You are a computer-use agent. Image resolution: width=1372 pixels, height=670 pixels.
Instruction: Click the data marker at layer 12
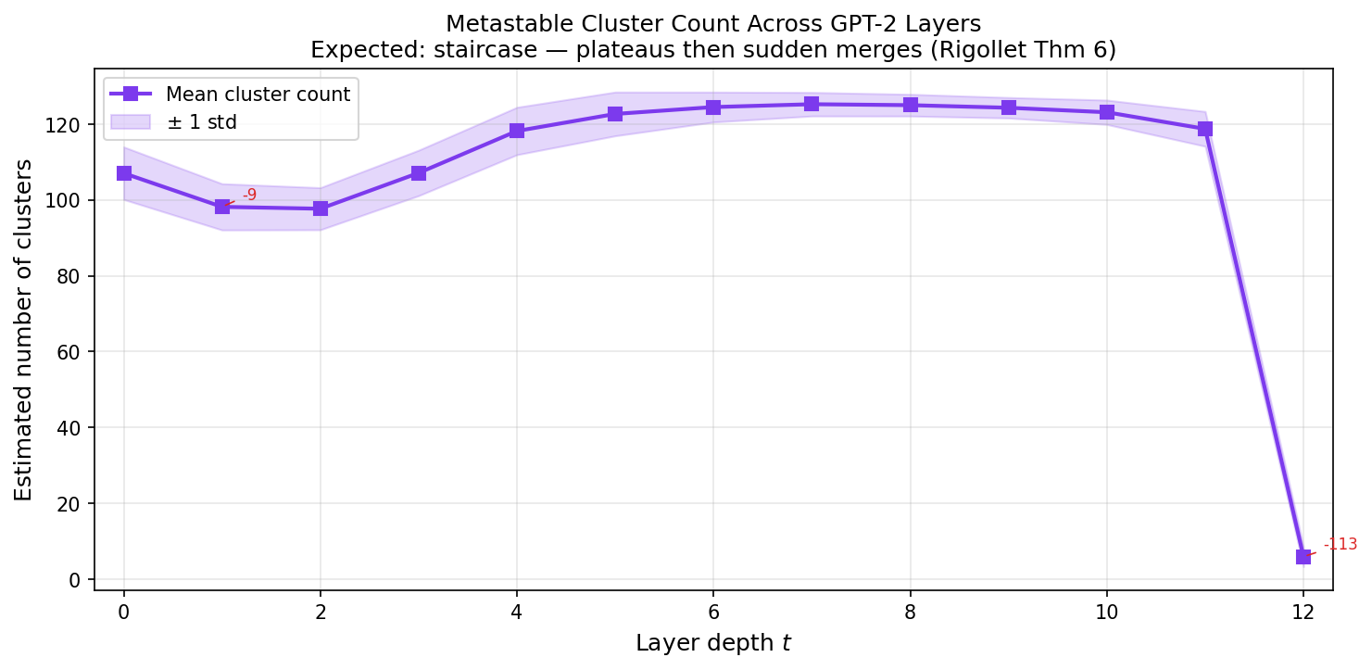(x=1303, y=557)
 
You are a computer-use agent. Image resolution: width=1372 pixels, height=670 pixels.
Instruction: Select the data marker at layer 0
(x=124, y=173)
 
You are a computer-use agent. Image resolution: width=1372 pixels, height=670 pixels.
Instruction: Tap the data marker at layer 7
(x=812, y=104)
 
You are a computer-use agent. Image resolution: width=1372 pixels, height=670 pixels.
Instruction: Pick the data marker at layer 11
(x=1205, y=129)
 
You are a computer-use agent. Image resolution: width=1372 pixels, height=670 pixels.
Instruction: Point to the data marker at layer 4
(x=517, y=131)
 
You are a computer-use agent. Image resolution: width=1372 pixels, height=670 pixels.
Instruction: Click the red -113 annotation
(x=1340, y=544)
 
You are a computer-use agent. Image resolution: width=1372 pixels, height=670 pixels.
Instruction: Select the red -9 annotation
(x=249, y=195)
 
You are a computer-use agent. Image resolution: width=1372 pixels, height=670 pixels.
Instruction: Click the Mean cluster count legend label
(x=258, y=94)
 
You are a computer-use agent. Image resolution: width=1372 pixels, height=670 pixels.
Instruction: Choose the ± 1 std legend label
(x=202, y=122)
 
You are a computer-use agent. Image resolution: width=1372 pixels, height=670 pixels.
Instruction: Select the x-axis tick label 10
(x=1106, y=612)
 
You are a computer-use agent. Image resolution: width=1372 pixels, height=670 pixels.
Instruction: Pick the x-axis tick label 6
(x=713, y=612)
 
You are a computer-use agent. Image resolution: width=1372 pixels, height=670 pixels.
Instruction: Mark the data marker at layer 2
(x=321, y=209)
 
